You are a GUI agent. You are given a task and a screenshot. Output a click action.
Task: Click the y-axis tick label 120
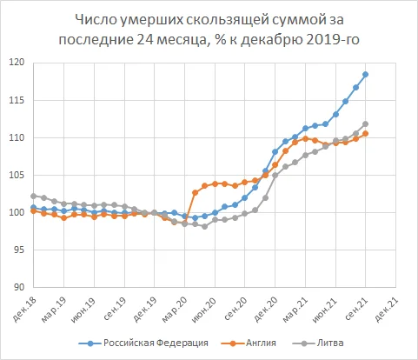[17, 63]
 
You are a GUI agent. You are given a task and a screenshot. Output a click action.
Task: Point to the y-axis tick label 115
[17, 100]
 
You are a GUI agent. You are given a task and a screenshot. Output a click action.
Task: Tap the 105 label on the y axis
[17, 175]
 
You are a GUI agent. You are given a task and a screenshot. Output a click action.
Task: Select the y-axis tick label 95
[18, 250]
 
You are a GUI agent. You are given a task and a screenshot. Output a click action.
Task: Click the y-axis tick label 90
[18, 288]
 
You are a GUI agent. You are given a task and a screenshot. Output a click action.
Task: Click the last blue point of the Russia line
[366, 74]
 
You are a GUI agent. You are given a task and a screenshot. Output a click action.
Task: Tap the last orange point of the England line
[366, 133]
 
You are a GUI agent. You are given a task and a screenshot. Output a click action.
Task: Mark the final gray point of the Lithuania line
[366, 123]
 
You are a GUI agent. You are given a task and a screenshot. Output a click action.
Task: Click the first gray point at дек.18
[33, 196]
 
